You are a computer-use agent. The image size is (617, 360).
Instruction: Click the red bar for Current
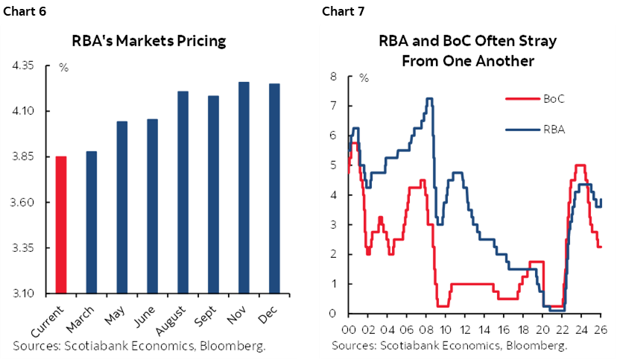61,224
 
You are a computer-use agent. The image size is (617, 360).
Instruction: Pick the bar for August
183,192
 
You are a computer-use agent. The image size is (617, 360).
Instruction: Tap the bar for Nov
244,187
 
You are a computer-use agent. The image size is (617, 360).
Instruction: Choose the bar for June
152,206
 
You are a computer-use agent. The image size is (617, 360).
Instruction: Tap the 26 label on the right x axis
601,328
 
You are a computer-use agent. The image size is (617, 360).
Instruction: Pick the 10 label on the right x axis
445,328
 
